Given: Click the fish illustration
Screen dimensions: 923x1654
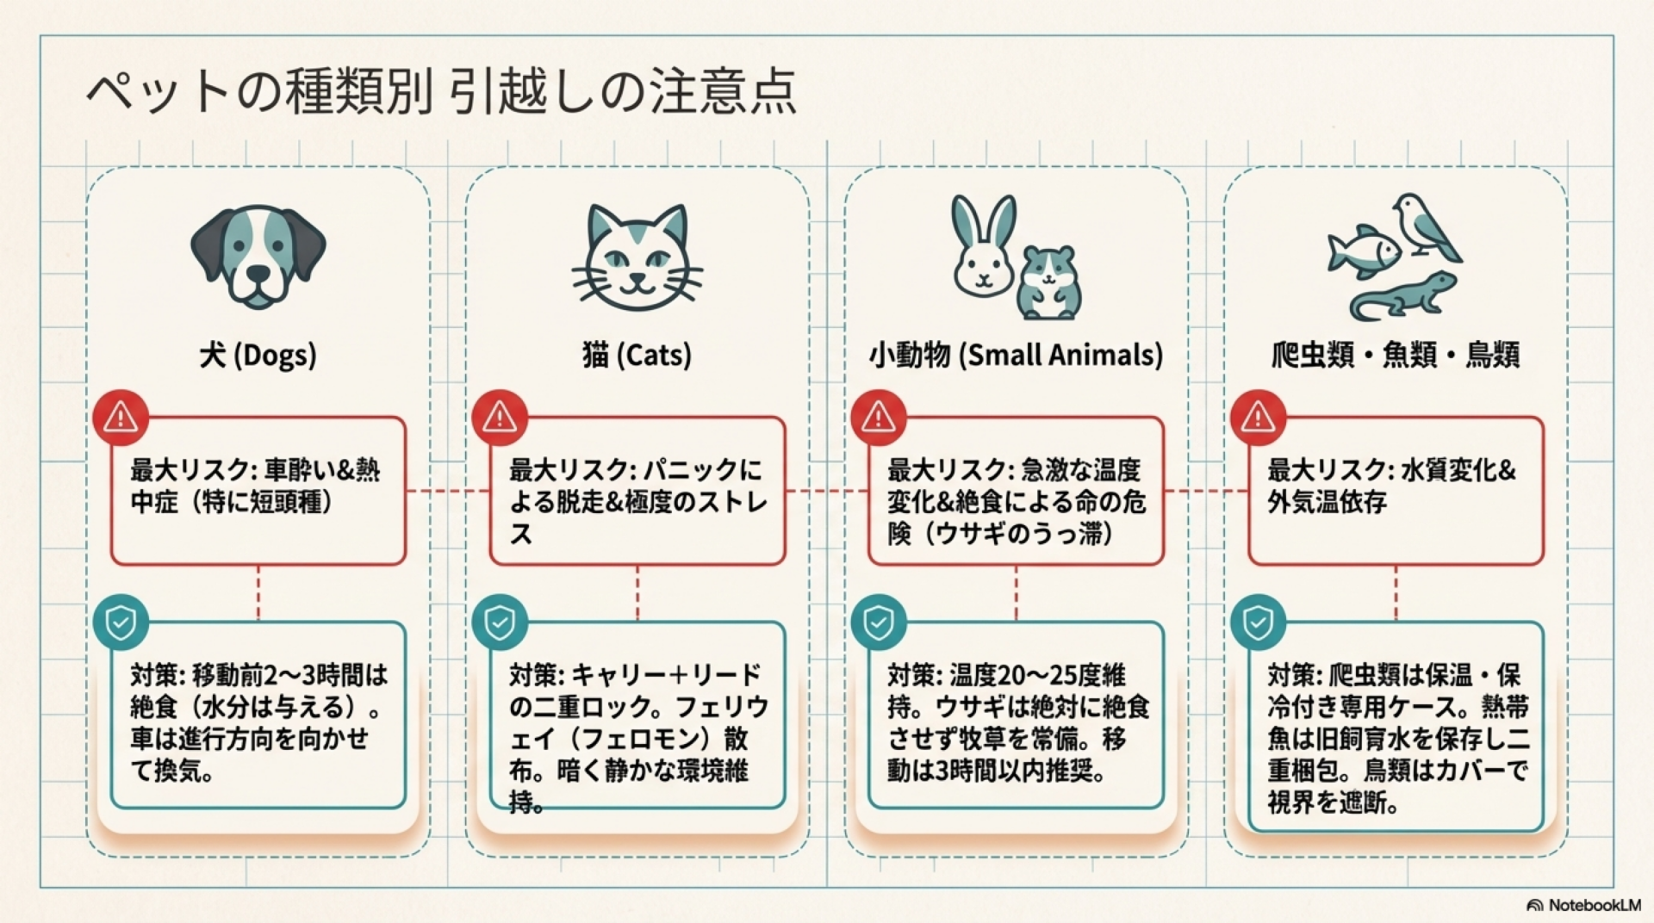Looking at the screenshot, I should coord(1365,251).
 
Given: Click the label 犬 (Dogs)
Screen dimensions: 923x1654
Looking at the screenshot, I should coord(258,355).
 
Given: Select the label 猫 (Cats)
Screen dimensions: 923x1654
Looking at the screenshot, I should coord(637,355).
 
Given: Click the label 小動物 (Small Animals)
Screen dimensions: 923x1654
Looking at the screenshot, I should coord(1016,355).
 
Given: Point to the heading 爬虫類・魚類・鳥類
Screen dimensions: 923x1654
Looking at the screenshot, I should coord(1396,355).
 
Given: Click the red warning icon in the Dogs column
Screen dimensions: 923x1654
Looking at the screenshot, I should coord(121,418).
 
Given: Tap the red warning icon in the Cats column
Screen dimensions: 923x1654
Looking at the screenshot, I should coord(500,418).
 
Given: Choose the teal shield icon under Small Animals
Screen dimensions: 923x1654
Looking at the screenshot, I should coord(878,622).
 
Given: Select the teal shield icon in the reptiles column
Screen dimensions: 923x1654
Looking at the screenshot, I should coord(1258,622).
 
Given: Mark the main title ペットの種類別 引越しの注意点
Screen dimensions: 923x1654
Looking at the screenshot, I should coord(441,92).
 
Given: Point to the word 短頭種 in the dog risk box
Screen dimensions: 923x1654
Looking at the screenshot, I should coord(285,502).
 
